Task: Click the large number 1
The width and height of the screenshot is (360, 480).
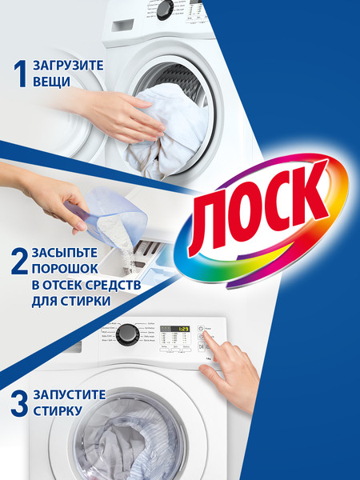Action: click(19, 74)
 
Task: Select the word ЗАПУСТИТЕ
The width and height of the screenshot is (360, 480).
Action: click(70, 395)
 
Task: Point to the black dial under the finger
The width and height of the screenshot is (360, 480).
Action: click(126, 334)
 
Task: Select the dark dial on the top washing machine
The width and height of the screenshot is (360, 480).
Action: click(165, 10)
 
